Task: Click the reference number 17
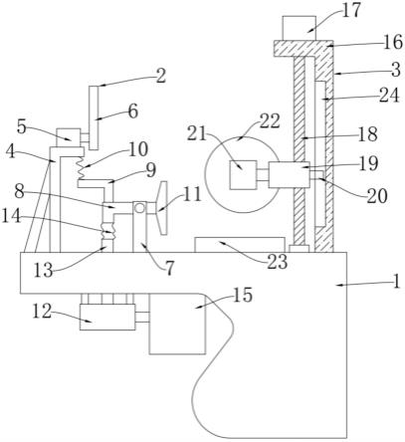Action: pyautogui.click(x=351, y=10)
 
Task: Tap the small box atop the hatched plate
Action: pyautogui.click(x=299, y=28)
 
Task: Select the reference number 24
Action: pyautogui.click(x=389, y=96)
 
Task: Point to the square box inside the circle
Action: pyautogui.click(x=243, y=175)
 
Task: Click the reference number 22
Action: pyautogui.click(x=270, y=121)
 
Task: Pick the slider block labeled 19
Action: pyautogui.click(x=289, y=175)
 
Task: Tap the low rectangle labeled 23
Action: pyautogui.click(x=240, y=245)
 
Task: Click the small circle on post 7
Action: pyautogui.click(x=139, y=208)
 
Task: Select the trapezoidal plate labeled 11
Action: pyautogui.click(x=162, y=208)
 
